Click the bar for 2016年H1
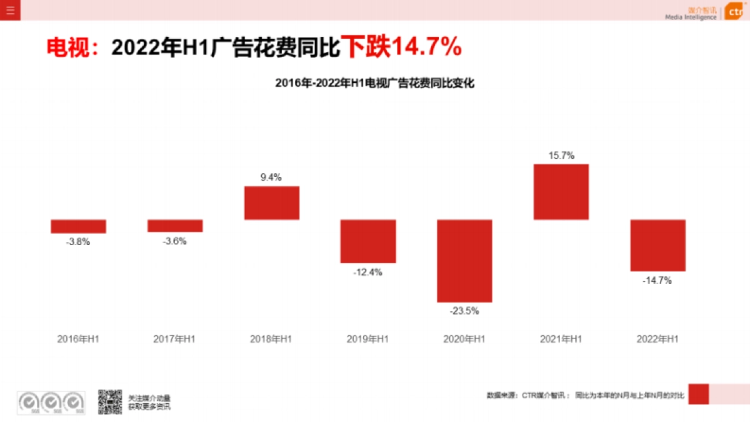tap(78, 226)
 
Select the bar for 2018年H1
tap(271, 203)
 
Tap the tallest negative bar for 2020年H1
tap(464, 261)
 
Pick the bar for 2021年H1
tap(561, 192)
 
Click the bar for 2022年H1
tap(657, 245)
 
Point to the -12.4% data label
tap(367, 273)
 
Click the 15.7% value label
tap(561, 156)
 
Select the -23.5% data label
tap(464, 311)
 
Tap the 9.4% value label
tap(271, 178)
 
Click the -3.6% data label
tap(174, 241)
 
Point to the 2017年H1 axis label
tap(174, 339)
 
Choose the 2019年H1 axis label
tap(367, 339)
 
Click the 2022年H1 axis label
tap(657, 339)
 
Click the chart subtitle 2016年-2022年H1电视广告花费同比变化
tap(375, 83)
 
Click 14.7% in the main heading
tap(426, 47)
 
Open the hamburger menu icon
tap(10, 10)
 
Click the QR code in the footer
tap(109, 402)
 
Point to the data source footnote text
tap(586, 395)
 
